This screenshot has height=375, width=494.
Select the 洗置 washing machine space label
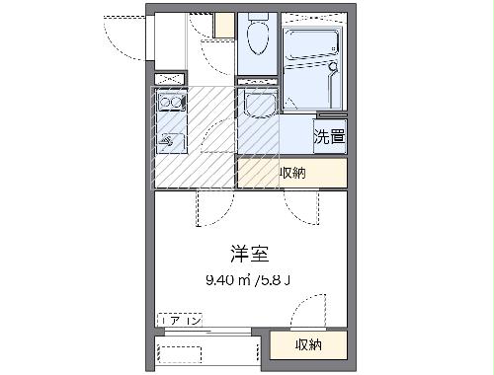(x=329, y=136)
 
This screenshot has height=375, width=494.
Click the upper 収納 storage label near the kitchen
(x=291, y=173)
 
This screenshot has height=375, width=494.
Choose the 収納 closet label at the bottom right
(x=308, y=344)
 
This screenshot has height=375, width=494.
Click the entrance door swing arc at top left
(x=123, y=35)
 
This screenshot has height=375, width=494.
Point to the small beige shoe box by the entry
(x=224, y=24)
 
